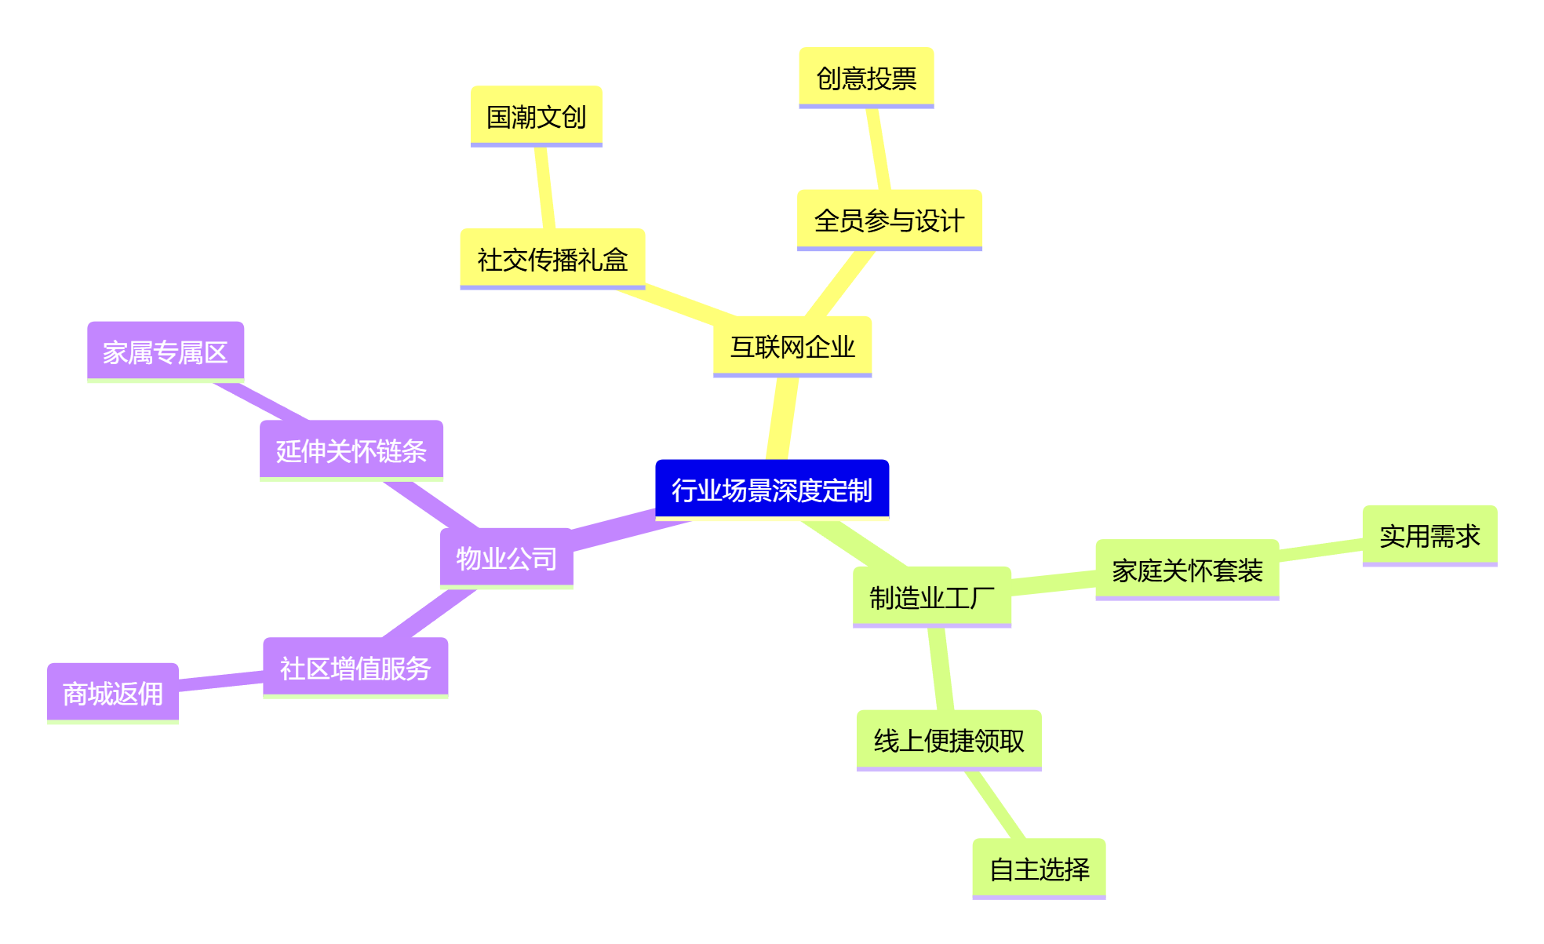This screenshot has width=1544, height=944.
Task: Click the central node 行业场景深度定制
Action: click(772, 490)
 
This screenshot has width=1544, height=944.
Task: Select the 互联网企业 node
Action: click(792, 346)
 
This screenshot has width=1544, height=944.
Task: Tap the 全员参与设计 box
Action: click(889, 220)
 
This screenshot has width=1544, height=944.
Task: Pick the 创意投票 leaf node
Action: click(866, 78)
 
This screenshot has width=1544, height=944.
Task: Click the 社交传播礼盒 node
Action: click(552, 259)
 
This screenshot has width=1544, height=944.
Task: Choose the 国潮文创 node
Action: click(536, 116)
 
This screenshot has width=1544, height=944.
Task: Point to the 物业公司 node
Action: click(506, 558)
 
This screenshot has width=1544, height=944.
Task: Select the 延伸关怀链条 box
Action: click(351, 450)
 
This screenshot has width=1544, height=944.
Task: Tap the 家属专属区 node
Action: click(165, 352)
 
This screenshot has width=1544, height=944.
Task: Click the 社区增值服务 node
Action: click(355, 668)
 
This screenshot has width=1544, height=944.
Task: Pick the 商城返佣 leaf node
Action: click(112, 693)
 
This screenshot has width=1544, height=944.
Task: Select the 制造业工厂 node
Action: click(931, 597)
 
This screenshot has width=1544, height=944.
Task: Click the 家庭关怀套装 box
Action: click(1186, 570)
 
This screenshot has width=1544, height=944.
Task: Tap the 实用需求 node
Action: click(1429, 536)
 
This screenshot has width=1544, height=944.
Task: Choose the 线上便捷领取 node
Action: click(949, 740)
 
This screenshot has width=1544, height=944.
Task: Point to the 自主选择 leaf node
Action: click(1039, 869)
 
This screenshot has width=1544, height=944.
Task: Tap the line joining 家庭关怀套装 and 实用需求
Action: click(1321, 550)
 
